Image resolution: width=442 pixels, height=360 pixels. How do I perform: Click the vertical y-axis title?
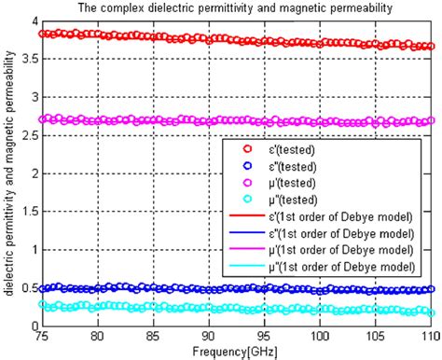coord(8,173)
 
